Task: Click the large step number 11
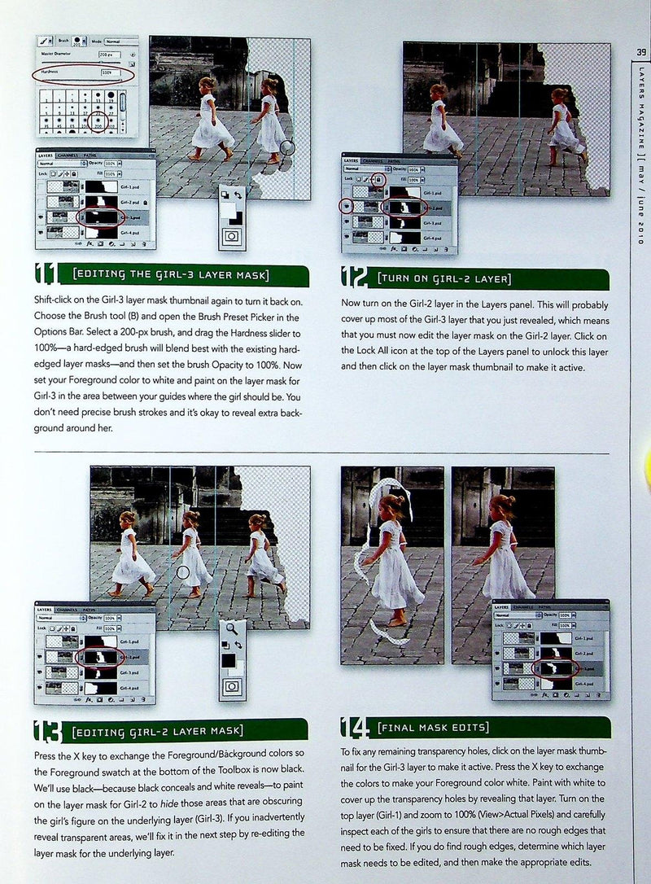50,277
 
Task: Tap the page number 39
640,54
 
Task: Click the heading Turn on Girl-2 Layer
443,279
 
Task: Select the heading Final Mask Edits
433,727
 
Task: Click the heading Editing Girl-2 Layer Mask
158,730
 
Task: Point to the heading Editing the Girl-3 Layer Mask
170,276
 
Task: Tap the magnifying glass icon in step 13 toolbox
232,628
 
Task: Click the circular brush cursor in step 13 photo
182,573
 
